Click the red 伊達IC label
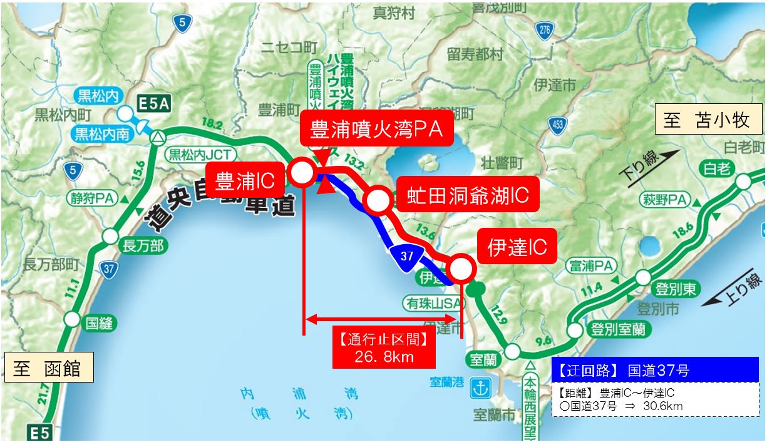pyautogui.click(x=517, y=247)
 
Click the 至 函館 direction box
pyautogui.click(x=49, y=368)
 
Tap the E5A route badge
pyautogui.click(x=153, y=103)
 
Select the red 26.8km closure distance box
pyautogui.click(x=383, y=349)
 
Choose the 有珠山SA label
pyautogui.click(x=434, y=303)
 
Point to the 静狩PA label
pyautogui.click(x=93, y=198)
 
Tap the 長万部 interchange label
pyautogui.click(x=143, y=246)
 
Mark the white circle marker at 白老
pyautogui.click(x=743, y=182)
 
